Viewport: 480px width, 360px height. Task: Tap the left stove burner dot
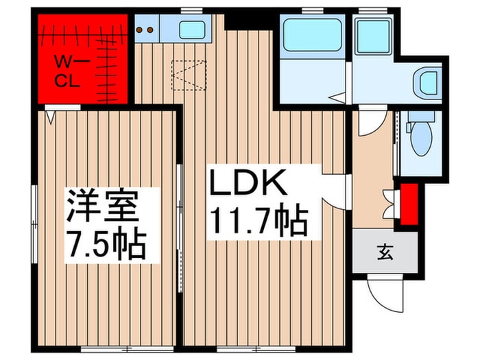point(140,30)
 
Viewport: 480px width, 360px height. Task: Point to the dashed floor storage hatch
point(189,75)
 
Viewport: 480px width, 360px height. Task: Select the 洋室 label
point(104,206)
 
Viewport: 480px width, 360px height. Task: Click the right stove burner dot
point(148,30)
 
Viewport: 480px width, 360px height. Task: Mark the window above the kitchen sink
point(187,10)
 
